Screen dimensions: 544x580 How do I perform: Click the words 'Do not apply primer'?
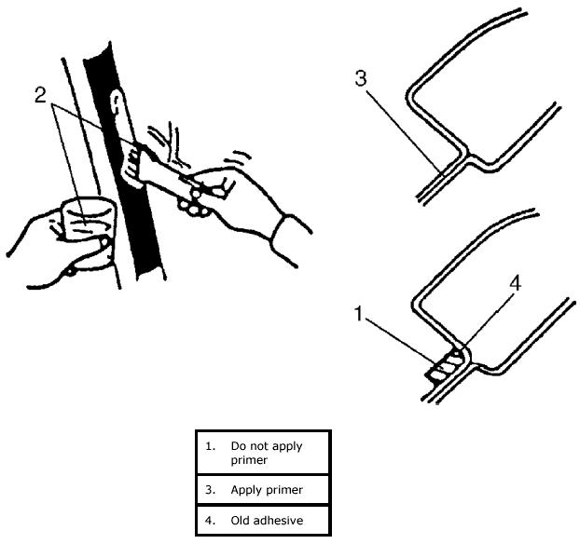coord(266,452)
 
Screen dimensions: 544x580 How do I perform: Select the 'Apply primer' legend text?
coord(266,488)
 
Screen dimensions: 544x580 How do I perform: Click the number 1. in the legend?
coord(212,445)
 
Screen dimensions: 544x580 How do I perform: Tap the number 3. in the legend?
coord(212,488)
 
